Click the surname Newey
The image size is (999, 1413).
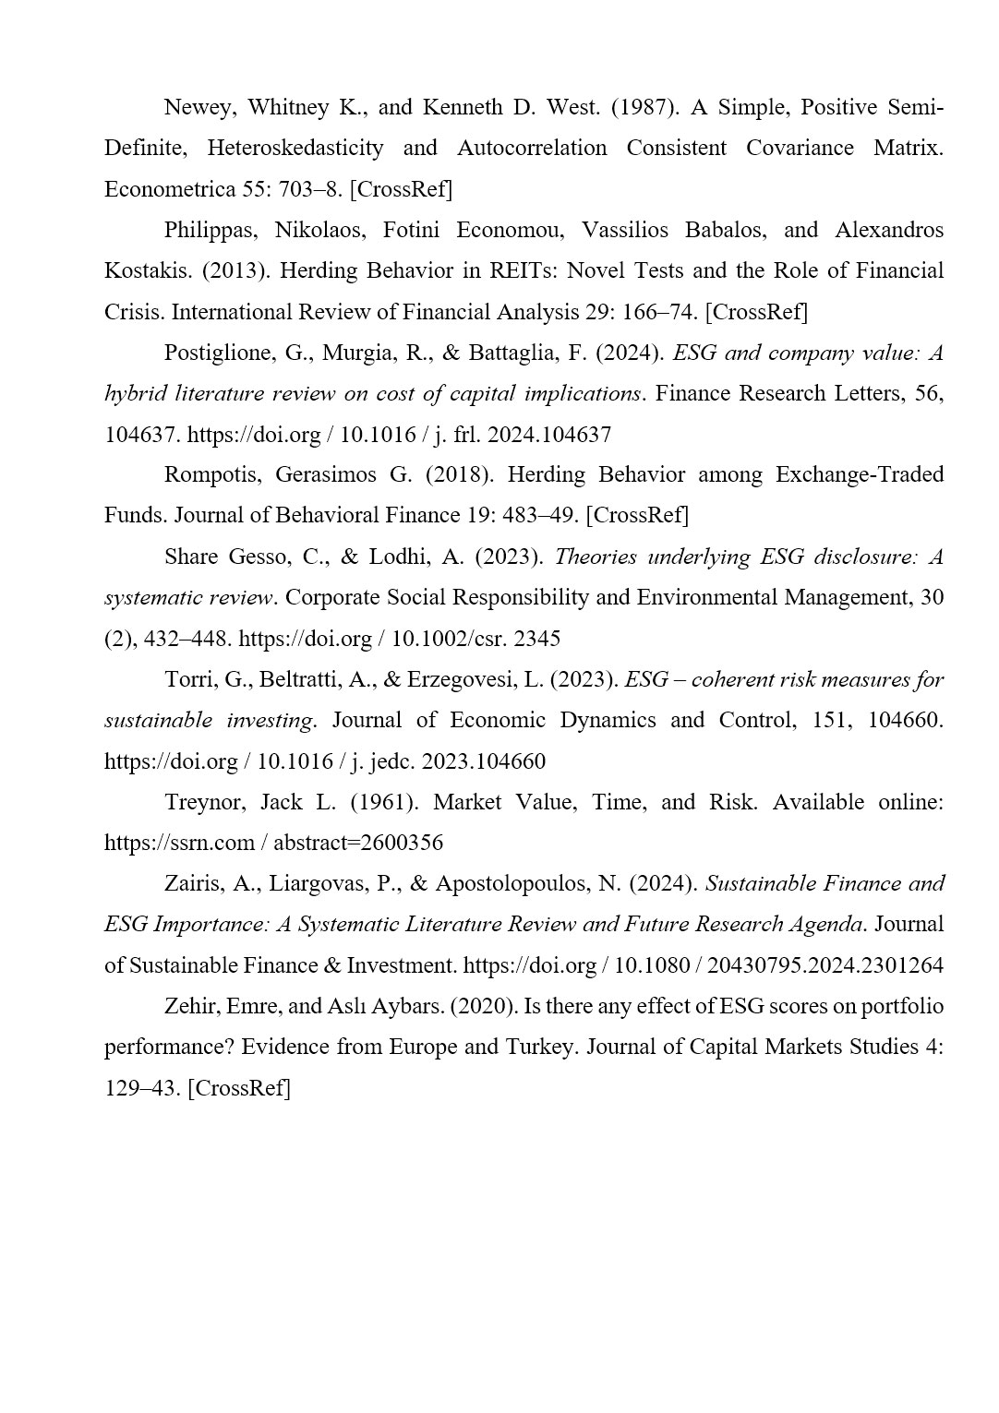tap(199, 107)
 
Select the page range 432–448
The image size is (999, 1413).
tap(189, 638)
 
